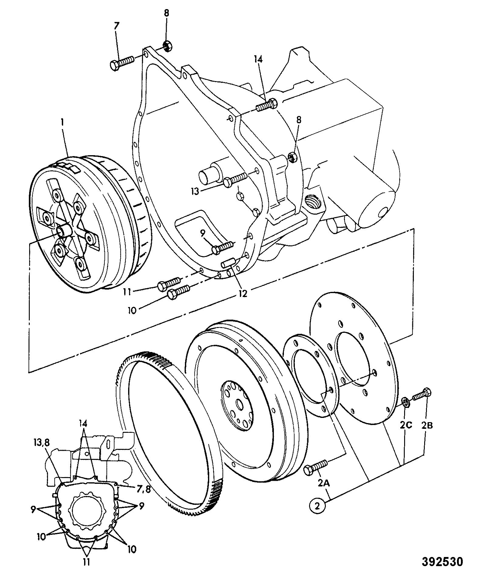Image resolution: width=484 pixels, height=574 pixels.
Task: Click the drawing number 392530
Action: (x=443, y=562)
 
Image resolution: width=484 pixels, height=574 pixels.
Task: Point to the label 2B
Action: (x=426, y=425)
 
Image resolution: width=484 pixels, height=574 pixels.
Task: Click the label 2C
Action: (x=406, y=425)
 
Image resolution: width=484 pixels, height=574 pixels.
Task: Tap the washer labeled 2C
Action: (x=405, y=402)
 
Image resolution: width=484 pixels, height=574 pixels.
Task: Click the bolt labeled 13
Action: (x=236, y=179)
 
